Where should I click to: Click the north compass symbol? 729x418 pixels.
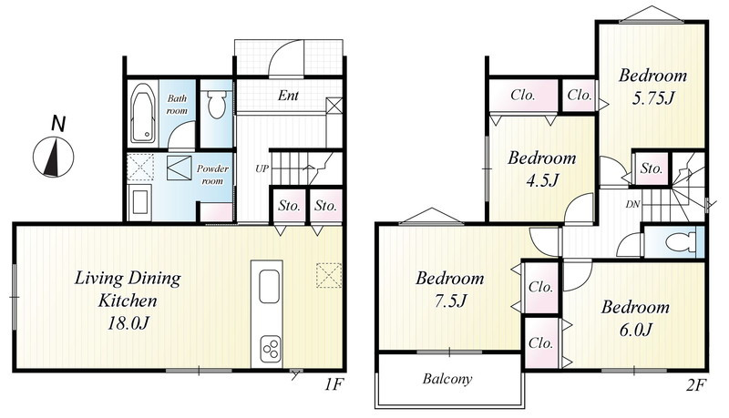point(54,157)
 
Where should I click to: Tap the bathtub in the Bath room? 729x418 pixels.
point(143,113)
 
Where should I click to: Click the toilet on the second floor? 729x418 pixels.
point(681,242)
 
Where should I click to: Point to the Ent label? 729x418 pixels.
point(288,96)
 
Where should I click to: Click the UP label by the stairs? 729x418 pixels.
point(262,168)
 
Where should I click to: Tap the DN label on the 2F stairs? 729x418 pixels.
point(632,204)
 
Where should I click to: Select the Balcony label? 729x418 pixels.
point(447,379)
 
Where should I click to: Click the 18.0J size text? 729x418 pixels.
point(128,323)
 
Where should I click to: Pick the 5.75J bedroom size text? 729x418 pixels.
point(652,98)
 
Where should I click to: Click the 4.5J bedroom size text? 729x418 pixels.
point(541,180)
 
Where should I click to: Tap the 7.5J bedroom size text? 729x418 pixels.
point(449,301)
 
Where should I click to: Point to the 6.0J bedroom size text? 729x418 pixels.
point(635,330)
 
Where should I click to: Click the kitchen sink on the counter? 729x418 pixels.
point(269,287)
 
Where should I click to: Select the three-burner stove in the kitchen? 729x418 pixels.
point(270,348)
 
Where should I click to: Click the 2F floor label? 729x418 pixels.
point(696,385)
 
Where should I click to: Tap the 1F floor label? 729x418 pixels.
point(334,385)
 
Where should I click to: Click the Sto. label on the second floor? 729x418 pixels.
point(652,168)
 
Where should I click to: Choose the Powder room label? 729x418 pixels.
point(212,175)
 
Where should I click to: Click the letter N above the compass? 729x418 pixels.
point(57,124)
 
